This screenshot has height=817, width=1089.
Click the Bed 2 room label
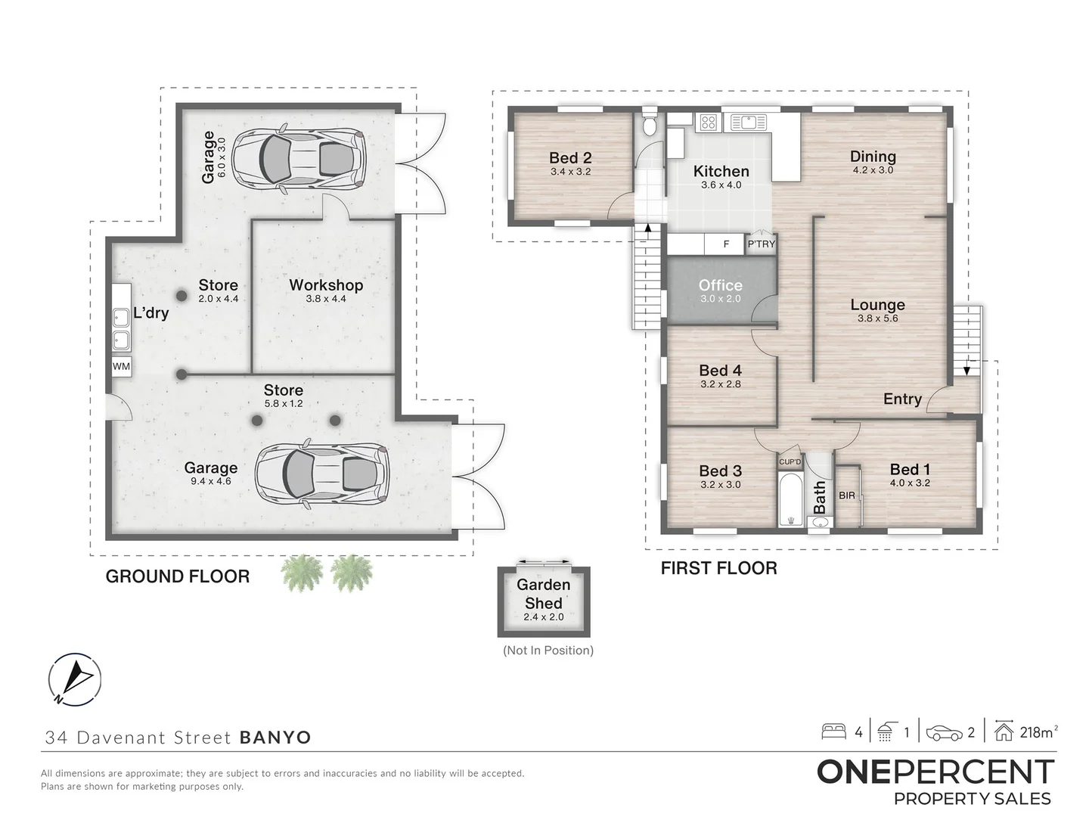(570, 158)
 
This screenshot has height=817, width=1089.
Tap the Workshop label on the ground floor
(326, 285)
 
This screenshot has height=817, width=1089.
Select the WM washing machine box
(121, 366)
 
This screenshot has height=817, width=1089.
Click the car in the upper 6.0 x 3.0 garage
(299, 157)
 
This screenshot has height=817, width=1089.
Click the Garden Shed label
(543, 594)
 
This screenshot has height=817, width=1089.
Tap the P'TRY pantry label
(761, 244)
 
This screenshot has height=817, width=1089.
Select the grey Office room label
(720, 285)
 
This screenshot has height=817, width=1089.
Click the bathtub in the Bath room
(790, 499)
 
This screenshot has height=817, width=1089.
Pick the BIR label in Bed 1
(847, 495)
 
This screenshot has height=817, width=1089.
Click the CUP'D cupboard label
(790, 461)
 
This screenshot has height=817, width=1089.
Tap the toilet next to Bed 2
(650, 125)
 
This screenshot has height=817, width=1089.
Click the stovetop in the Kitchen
(708, 122)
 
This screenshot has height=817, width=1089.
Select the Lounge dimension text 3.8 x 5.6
(877, 318)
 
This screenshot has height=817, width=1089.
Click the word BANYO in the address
(275, 738)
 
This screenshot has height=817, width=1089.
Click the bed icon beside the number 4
(833, 732)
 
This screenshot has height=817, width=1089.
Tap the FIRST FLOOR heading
(718, 568)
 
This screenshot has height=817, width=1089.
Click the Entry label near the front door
(902, 399)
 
